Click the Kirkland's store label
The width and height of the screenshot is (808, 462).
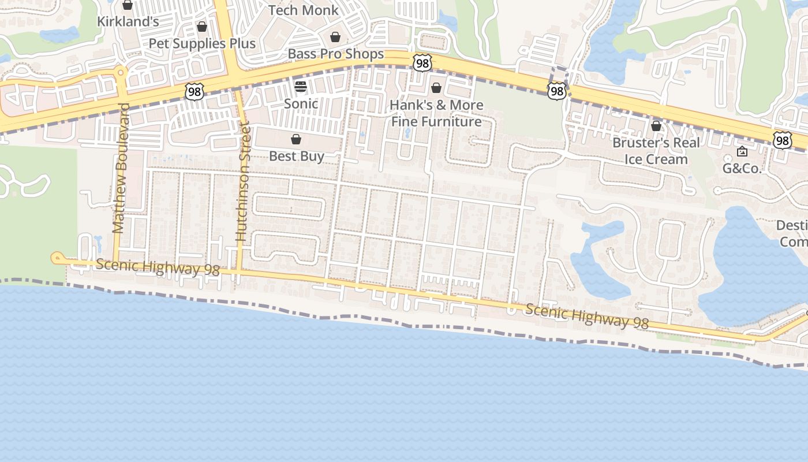[128, 21]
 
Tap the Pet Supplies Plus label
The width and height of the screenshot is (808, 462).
[202, 43]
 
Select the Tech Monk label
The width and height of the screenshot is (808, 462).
[304, 10]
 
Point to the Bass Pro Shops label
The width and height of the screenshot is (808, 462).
[335, 54]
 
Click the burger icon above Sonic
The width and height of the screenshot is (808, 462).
[300, 87]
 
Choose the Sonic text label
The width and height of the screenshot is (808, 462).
[301, 104]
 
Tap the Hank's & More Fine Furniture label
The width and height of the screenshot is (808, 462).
[436, 113]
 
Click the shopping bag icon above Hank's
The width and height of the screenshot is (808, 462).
[436, 88]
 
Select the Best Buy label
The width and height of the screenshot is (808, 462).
[296, 156]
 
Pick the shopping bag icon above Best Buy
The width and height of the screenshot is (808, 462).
[296, 139]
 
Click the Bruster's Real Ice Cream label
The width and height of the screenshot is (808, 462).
[656, 151]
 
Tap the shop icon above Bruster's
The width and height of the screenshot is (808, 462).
[656, 125]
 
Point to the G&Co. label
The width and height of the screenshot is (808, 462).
[742, 169]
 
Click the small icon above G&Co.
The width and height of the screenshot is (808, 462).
[742, 152]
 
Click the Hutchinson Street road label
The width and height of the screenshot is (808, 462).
[243, 181]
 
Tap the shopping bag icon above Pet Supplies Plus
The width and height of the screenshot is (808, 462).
[202, 27]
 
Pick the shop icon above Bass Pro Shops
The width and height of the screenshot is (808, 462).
[335, 37]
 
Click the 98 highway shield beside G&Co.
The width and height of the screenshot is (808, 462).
[782, 140]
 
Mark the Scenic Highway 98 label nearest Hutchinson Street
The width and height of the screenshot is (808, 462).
[158, 267]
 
